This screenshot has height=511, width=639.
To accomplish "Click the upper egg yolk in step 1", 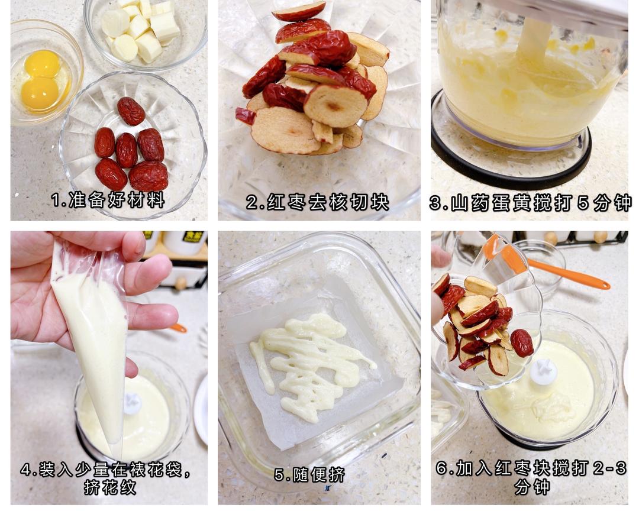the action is (x=42, y=63).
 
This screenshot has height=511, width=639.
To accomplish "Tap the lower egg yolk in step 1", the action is (x=40, y=93).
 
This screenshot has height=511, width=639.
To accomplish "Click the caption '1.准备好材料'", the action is (x=108, y=200).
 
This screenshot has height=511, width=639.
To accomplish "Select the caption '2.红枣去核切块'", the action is (x=318, y=202).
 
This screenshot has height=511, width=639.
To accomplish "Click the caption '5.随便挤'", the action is (x=309, y=475).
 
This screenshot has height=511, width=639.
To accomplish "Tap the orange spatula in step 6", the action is (x=546, y=265).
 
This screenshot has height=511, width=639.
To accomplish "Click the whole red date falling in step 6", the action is (x=522, y=342).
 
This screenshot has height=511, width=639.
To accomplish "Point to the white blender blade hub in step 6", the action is (x=544, y=371).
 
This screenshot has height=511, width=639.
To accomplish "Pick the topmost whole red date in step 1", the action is (x=131, y=111).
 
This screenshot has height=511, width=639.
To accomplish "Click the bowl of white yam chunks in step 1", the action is (x=146, y=33).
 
